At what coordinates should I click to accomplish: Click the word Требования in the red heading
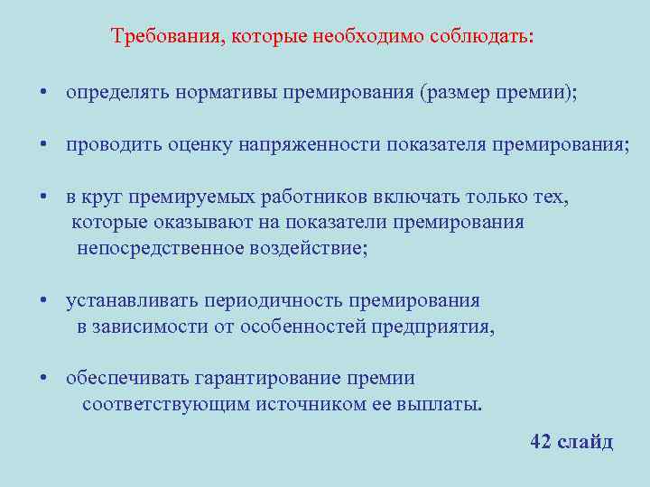168,37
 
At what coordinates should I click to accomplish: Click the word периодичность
274,300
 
